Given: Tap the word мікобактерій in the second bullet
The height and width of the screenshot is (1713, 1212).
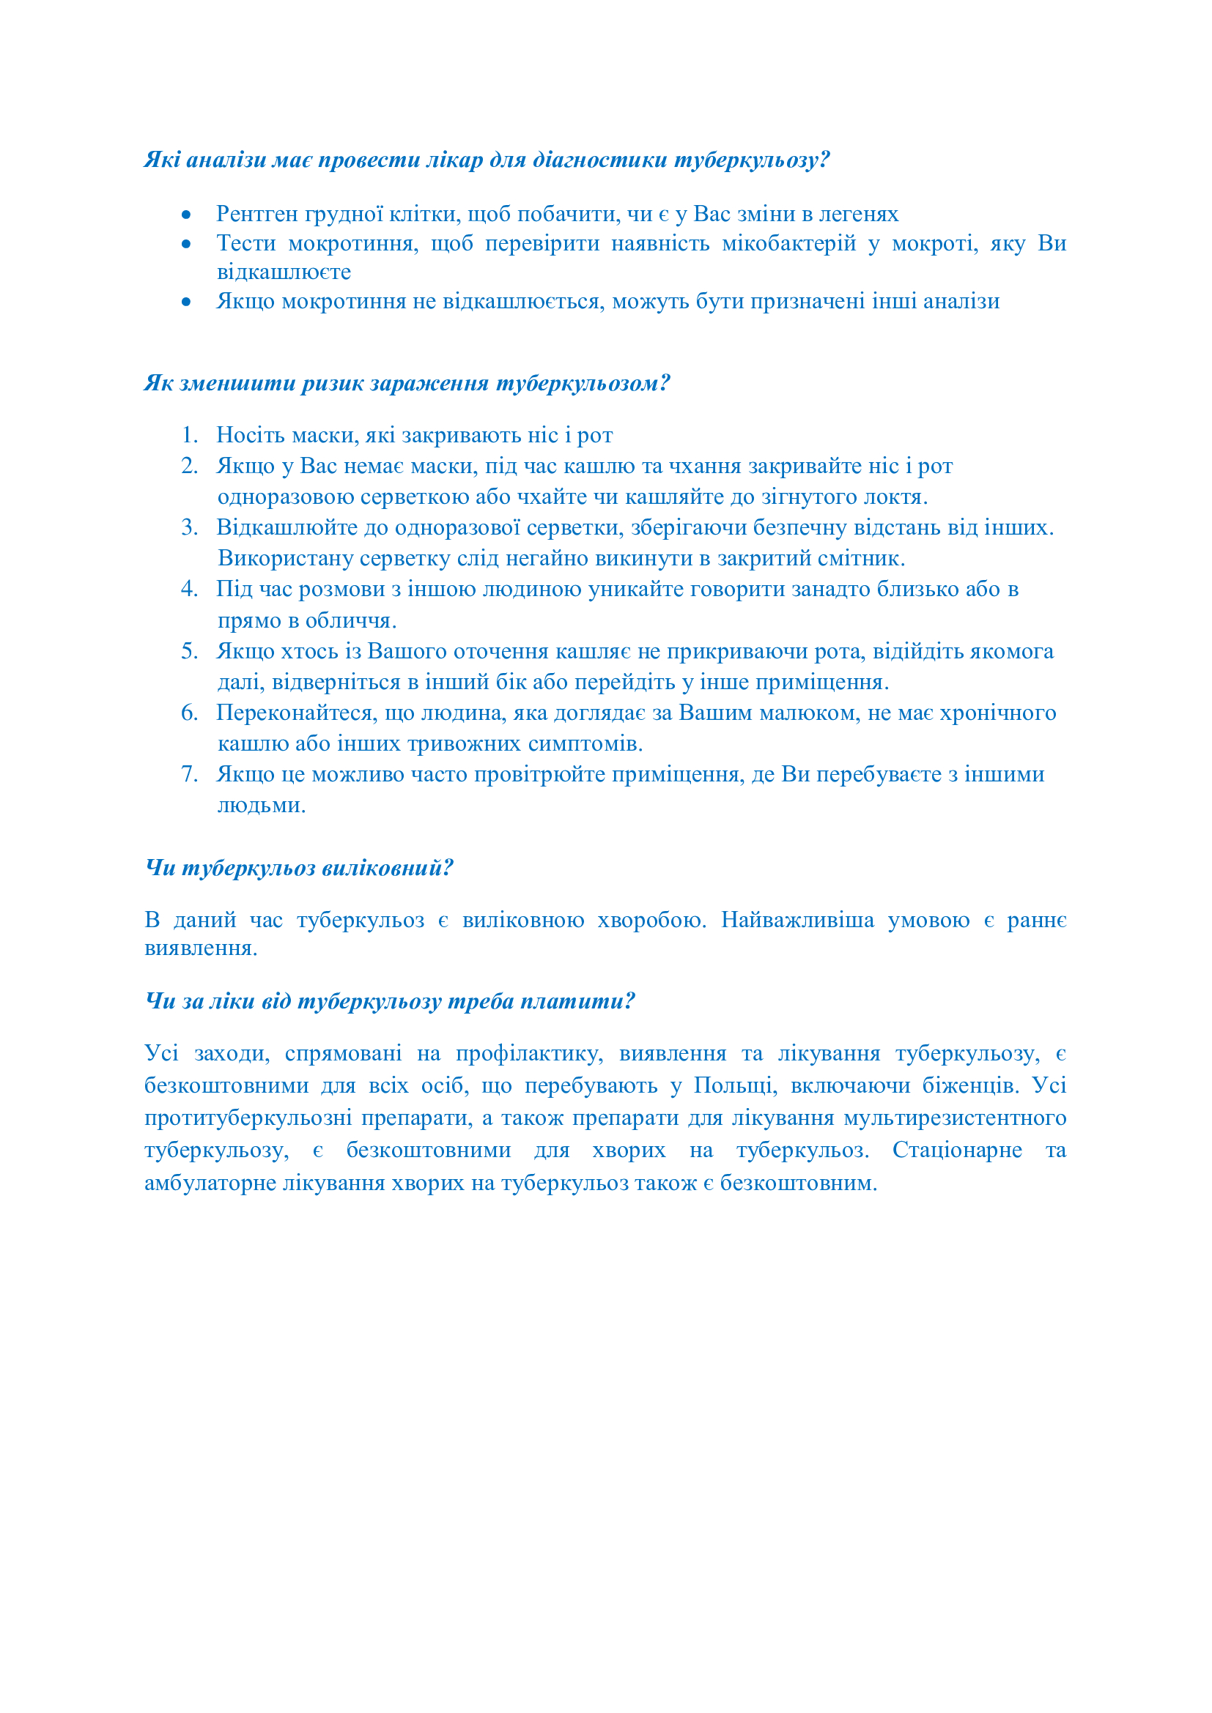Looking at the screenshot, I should [789, 243].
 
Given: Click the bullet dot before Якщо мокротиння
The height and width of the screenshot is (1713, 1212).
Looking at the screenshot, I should [186, 302].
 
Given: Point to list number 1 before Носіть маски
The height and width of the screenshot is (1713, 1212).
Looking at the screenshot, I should [189, 435].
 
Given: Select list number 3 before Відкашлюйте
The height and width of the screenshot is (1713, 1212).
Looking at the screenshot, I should [189, 527].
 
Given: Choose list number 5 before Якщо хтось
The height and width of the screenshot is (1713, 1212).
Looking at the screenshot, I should [189, 651].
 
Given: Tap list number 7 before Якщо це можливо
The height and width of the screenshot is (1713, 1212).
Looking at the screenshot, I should [189, 774].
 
